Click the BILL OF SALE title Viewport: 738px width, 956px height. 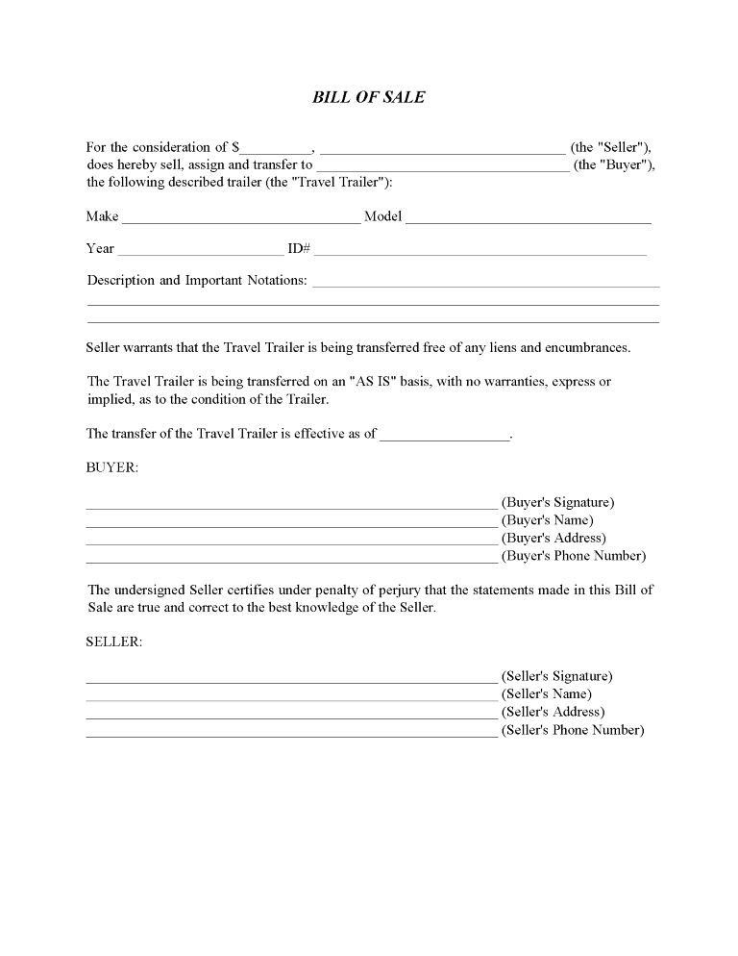[368, 97]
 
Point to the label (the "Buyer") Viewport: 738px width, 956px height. [614, 165]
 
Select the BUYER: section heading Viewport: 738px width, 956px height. [112, 467]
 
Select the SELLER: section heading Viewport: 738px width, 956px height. [114, 642]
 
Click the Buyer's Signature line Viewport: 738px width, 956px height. [291, 505]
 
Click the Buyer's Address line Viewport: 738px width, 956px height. [291, 541]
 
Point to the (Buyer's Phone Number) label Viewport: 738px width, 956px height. [573, 556]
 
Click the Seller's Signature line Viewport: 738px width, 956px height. [291, 680]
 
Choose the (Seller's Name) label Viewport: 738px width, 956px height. [546, 694]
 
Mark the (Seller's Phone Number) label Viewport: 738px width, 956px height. [572, 730]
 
